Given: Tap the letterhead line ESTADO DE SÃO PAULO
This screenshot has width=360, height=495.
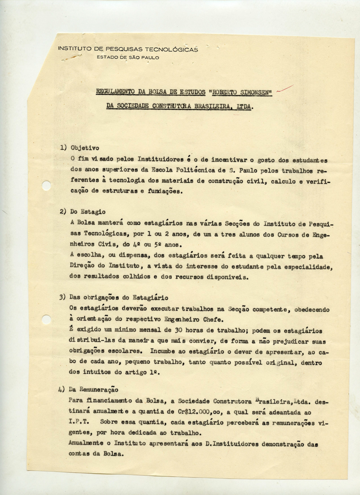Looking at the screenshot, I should pos(128,58).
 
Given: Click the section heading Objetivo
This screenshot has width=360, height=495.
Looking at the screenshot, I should pos(85,147).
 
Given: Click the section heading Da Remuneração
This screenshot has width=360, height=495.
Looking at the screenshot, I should pos(94,389).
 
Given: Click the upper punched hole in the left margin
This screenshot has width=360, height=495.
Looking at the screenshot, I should pos(46,186).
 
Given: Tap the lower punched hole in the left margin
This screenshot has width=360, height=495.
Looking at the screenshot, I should pos(46,319).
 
